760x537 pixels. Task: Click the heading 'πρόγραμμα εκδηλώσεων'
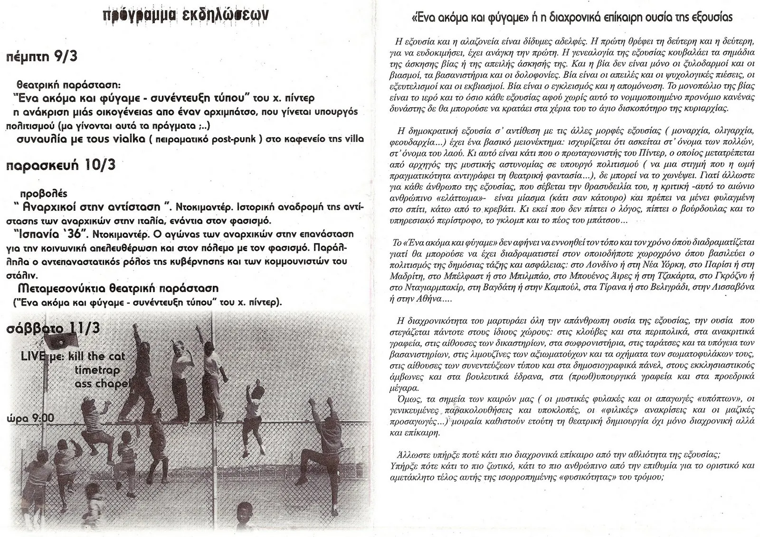186,14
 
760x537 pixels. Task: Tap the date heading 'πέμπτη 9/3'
42,58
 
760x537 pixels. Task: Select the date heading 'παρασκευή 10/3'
60,166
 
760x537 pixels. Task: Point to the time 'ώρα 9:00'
30,418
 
